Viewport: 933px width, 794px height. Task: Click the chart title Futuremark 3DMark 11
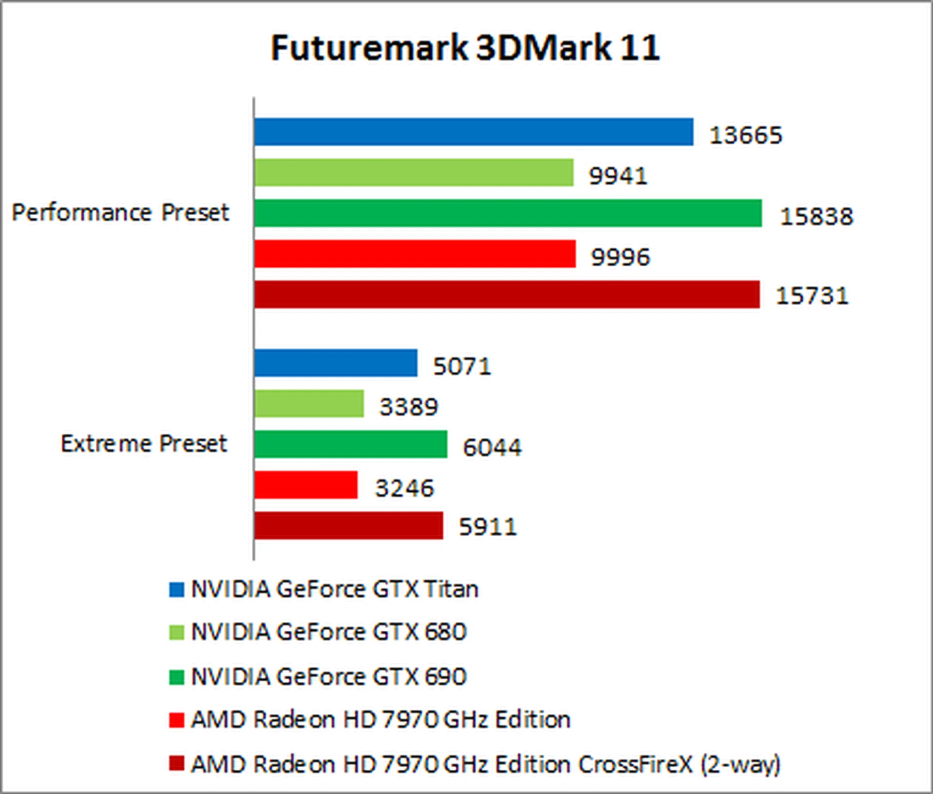pyautogui.click(x=465, y=48)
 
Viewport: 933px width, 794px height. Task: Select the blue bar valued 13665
pyautogui.click(x=473, y=132)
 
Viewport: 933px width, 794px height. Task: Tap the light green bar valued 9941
pyautogui.click(x=414, y=173)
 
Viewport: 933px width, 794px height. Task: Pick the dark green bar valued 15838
pyautogui.click(x=508, y=213)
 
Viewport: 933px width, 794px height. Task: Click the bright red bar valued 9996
pyautogui.click(x=415, y=254)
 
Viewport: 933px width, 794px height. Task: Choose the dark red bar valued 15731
pyautogui.click(x=507, y=294)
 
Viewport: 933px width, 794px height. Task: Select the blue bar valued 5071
pyautogui.click(x=335, y=363)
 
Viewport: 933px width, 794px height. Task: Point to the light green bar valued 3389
pyautogui.click(x=309, y=404)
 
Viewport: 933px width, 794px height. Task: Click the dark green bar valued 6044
pyautogui.click(x=350, y=444)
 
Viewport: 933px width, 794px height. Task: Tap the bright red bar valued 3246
pyautogui.click(x=306, y=485)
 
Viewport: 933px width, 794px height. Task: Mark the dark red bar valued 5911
pyautogui.click(x=348, y=526)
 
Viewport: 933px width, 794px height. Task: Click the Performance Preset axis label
pyautogui.click(x=120, y=212)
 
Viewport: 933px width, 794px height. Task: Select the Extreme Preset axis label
pyautogui.click(x=144, y=443)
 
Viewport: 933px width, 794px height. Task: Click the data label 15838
pyautogui.click(x=816, y=216)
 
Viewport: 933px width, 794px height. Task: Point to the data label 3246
pyautogui.click(x=404, y=488)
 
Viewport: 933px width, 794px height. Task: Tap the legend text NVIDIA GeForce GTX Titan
pyautogui.click(x=335, y=589)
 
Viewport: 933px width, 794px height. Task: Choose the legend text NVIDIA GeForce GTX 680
pyautogui.click(x=329, y=632)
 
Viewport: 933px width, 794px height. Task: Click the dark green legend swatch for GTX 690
pyautogui.click(x=176, y=677)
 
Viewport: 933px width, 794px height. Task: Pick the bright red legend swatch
pyautogui.click(x=176, y=720)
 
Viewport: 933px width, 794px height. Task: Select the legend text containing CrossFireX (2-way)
pyautogui.click(x=485, y=764)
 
